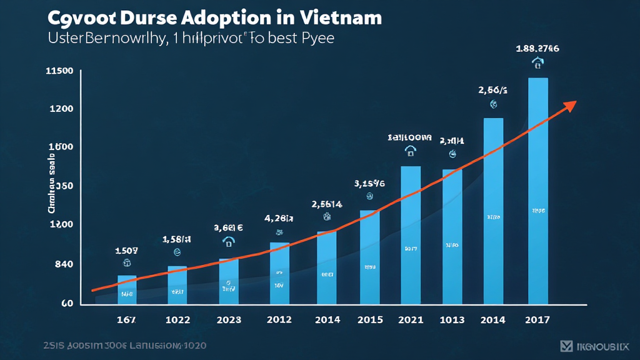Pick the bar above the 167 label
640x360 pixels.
pos(127,289)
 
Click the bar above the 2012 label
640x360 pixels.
pos(279,273)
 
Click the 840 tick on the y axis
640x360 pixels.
pos(64,264)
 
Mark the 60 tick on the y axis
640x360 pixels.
pos(67,304)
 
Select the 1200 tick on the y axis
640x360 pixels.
pos(61,109)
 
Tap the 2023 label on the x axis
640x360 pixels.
pos(228,320)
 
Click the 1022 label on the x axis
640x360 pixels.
pos(178,320)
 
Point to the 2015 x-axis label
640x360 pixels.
pos(370,320)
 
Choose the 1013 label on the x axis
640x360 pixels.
pos(452,320)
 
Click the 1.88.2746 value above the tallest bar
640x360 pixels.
pos(537,48)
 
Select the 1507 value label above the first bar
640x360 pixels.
pos(127,251)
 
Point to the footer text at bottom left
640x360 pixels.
pos(125,345)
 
